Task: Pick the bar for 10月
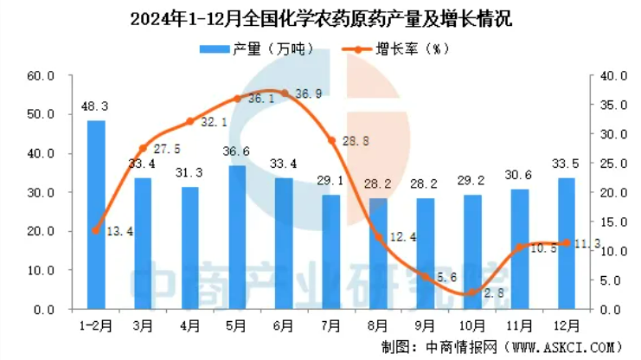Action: click(472, 252)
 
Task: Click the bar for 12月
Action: click(567, 243)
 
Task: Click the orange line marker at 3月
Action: click(144, 149)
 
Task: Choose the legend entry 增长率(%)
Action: click(396, 49)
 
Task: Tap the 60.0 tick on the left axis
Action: click(41, 76)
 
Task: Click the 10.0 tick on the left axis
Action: click(41, 270)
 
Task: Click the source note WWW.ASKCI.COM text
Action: click(561, 347)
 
